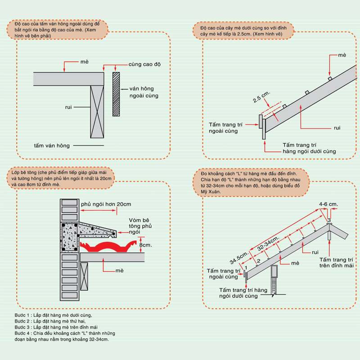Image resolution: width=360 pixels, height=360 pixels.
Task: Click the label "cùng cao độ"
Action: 144,64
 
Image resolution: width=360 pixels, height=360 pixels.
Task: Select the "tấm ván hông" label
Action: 52,145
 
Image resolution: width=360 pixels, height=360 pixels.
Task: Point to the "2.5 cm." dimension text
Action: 261,97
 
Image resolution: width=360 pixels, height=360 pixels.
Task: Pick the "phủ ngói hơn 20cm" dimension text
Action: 103,204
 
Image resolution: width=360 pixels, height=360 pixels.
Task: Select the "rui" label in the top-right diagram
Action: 337,128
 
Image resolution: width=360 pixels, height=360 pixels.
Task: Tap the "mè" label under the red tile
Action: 119,270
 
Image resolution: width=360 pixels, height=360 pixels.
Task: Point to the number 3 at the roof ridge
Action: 329,220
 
